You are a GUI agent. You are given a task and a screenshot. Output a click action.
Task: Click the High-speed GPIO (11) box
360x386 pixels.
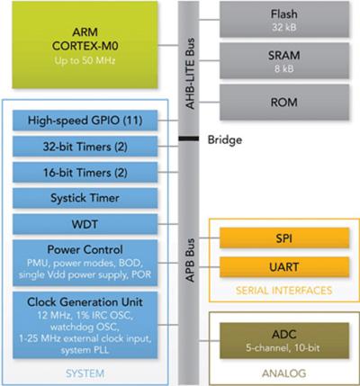tap(83, 120)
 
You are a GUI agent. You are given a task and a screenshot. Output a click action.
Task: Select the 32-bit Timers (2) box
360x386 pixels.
tap(83, 146)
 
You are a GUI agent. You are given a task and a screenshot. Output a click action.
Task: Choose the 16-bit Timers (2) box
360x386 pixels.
tap(83, 171)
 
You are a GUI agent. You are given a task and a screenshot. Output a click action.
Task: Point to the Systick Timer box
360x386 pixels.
tap(83, 197)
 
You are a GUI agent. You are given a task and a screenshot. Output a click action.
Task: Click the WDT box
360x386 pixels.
tap(83, 222)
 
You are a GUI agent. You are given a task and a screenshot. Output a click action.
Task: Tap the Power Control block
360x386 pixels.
tap(83, 260)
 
